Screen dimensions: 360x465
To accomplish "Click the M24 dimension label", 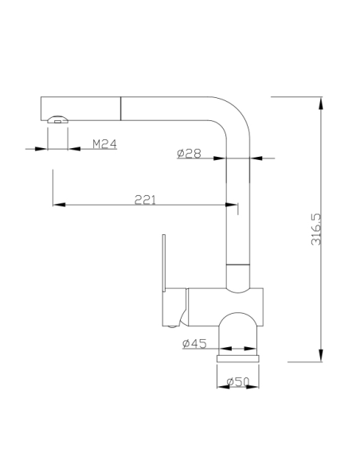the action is [x=104, y=144].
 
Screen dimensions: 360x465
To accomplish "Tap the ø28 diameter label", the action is [x=189, y=154].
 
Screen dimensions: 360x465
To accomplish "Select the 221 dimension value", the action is [x=145, y=200].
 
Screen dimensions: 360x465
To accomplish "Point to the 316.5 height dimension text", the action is [x=316, y=229].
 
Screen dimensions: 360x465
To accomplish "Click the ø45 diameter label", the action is [x=194, y=343].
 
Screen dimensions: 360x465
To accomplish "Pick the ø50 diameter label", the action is [x=238, y=381].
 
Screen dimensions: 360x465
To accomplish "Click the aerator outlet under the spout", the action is [x=58, y=119].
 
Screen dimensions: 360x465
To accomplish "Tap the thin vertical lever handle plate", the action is [x=164, y=263].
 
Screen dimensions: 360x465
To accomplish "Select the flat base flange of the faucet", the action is [x=238, y=358].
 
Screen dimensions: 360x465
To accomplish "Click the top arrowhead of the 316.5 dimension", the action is [x=321, y=104].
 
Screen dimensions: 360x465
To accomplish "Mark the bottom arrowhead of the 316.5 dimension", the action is [x=321, y=355].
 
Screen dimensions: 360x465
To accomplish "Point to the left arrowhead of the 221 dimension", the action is [x=59, y=205].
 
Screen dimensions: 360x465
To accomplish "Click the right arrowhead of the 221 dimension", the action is [x=231, y=205].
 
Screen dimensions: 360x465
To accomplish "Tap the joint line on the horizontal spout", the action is [x=121, y=108].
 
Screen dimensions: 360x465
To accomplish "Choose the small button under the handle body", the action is [x=172, y=326].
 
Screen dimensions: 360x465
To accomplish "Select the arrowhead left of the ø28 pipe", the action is [x=220, y=158].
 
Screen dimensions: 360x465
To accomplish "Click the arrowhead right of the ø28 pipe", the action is [x=256, y=158].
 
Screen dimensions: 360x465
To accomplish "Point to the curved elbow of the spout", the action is [x=234, y=113].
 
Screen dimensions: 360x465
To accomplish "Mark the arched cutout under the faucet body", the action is [x=238, y=313].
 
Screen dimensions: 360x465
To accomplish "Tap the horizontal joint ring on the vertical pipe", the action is [x=238, y=264].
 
